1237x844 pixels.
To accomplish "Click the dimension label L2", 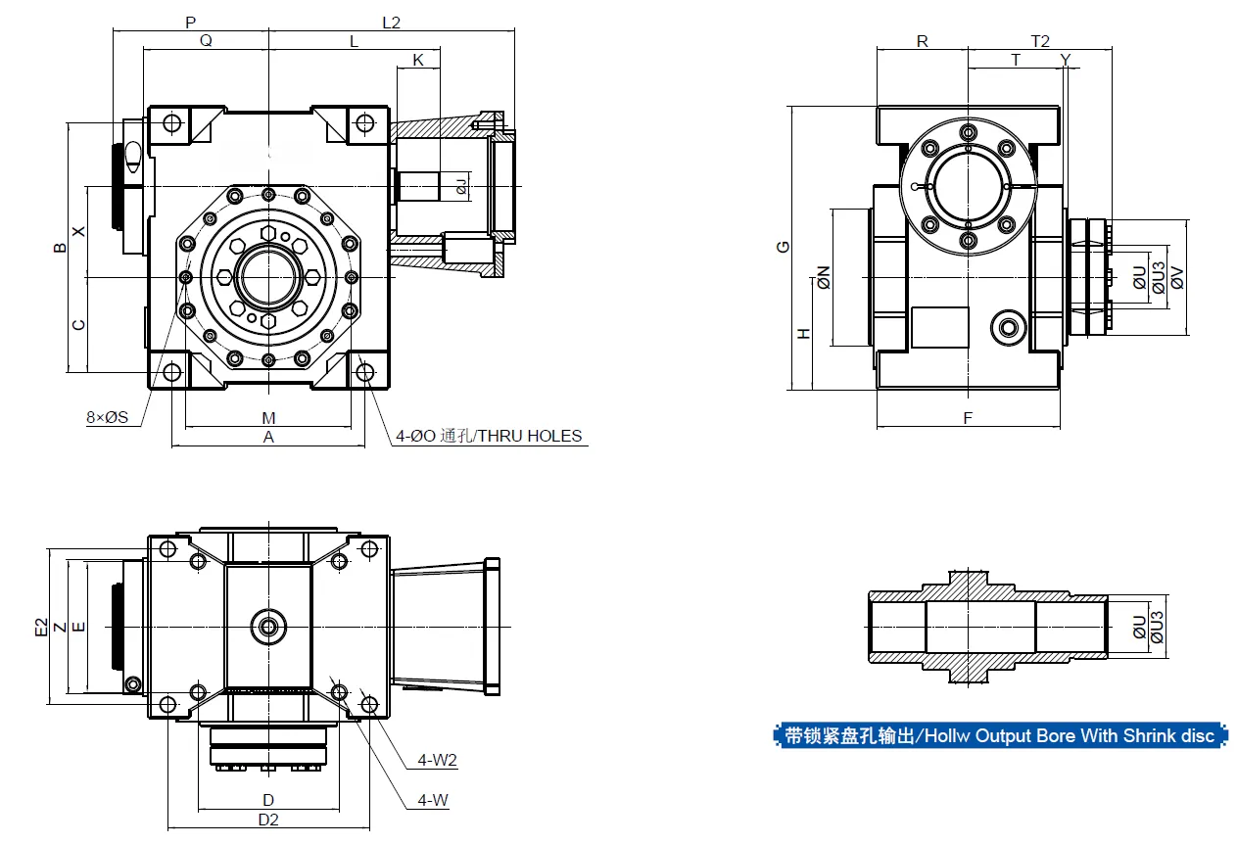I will click(x=390, y=22).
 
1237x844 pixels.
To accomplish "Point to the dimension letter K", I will click(x=418, y=60).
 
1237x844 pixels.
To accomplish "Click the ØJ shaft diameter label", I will click(x=461, y=183).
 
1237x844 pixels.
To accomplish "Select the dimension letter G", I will click(x=783, y=246).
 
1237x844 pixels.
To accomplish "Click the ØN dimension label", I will click(x=824, y=277).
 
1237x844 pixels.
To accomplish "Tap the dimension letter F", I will click(x=968, y=418).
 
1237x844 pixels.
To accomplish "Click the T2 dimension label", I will click(x=1040, y=41).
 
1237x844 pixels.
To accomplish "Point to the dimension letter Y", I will click(x=1066, y=60).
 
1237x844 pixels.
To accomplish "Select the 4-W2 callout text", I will click(x=437, y=760).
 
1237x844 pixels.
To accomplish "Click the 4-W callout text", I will click(x=432, y=800).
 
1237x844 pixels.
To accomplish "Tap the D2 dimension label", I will click(x=268, y=820).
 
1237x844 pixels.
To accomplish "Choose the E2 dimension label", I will click(x=41, y=628).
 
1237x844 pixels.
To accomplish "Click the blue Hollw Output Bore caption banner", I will click(x=999, y=735).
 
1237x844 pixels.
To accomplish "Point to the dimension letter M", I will click(x=268, y=418).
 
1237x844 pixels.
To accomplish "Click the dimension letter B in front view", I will click(x=61, y=248).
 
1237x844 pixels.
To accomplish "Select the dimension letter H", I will click(x=804, y=333).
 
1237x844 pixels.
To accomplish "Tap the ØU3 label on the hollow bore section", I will click(x=1157, y=627).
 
